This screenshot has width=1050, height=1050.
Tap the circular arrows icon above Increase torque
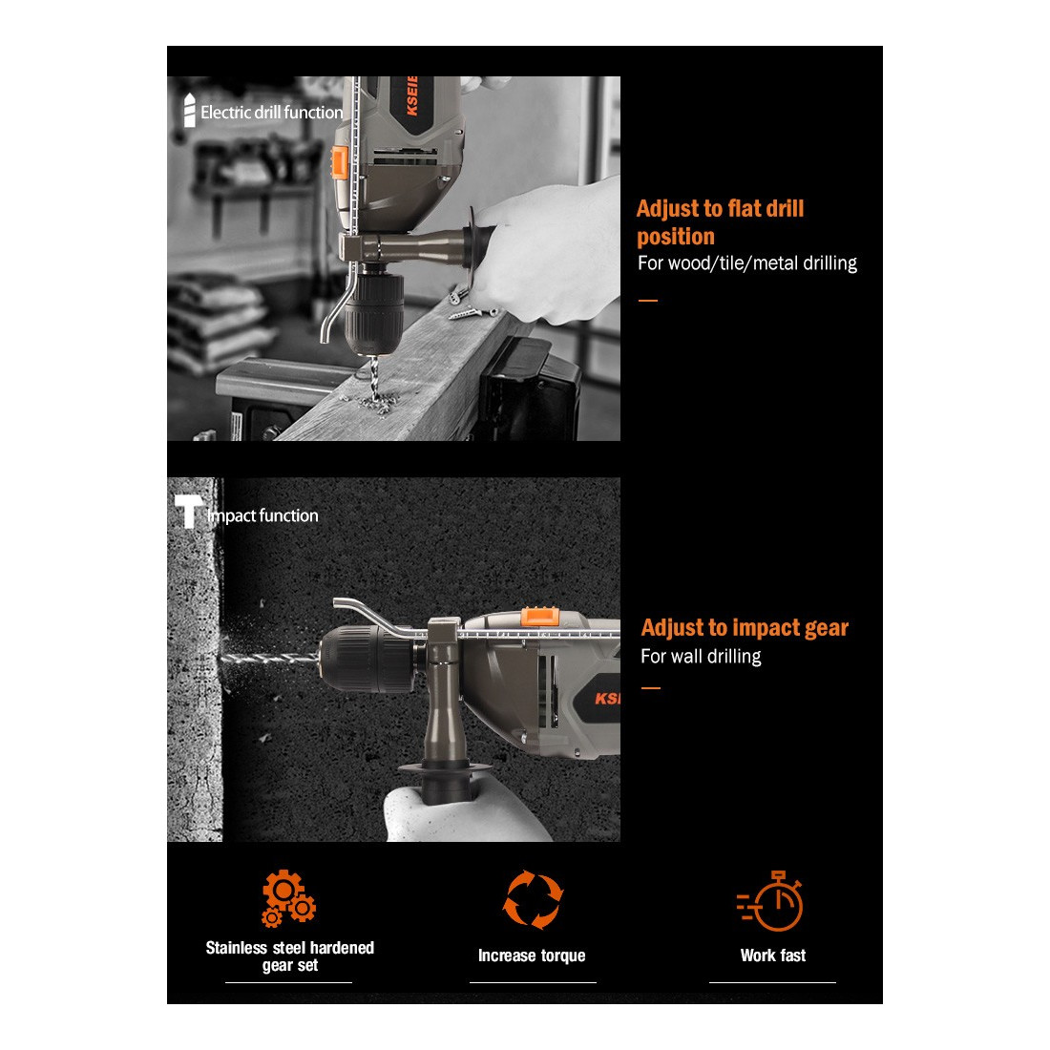click(533, 899)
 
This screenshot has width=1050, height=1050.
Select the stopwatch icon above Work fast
click(770, 901)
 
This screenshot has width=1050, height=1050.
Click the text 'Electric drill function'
click(271, 113)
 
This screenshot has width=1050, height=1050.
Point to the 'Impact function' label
click(262, 515)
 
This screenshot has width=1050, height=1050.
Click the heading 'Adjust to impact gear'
click(745, 628)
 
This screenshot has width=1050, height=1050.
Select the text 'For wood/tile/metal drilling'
click(747, 263)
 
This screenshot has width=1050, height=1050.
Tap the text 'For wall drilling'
click(701, 657)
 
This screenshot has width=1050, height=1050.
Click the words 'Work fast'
click(773, 955)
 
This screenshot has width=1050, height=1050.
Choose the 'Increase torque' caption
click(532, 955)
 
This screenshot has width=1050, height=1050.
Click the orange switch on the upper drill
click(340, 162)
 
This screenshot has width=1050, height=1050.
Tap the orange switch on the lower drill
click(539, 616)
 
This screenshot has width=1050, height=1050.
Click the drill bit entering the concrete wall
click(269, 659)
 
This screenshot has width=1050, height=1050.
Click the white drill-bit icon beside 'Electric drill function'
click(190, 110)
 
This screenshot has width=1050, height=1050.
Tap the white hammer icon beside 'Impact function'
click(188, 511)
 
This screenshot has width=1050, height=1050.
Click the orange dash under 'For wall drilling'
click(650, 687)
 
